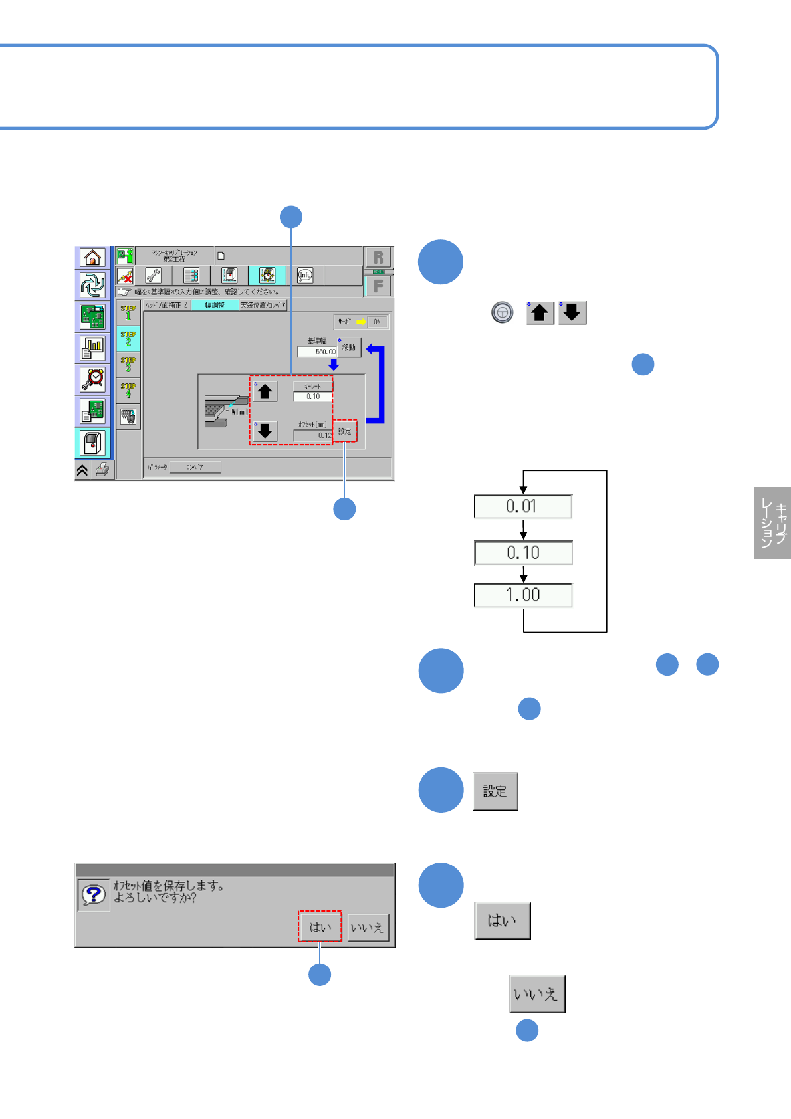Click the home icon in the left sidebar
coord(92,257)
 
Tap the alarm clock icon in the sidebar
coord(92,379)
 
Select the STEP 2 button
coord(128,339)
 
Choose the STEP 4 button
coord(128,391)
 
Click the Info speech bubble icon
coord(305,275)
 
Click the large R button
coord(378,258)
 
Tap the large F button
coord(378,286)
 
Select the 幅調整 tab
coord(215,305)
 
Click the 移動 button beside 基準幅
coord(349,348)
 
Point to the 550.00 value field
coord(317,352)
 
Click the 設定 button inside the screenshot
coord(345,431)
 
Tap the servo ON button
coord(377,322)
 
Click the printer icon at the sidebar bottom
coord(102,470)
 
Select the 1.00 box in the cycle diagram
coord(523,595)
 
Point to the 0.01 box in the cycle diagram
coord(522,506)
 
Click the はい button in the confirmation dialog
coord(320,927)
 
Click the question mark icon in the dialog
coord(94,895)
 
